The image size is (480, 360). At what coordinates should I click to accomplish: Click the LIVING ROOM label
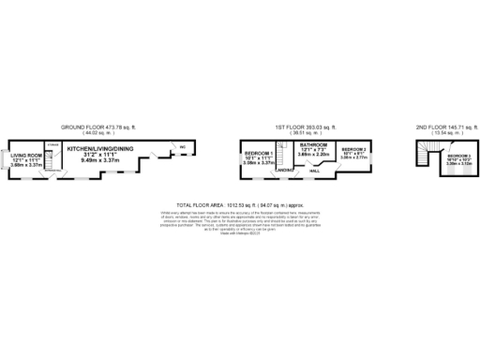(x=26, y=156)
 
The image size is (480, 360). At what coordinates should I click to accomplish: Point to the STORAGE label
(x=52, y=145)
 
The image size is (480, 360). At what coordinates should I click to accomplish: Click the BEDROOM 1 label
(x=258, y=153)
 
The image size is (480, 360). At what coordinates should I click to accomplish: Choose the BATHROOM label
(x=314, y=145)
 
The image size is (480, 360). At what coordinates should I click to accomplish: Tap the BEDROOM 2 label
(x=353, y=150)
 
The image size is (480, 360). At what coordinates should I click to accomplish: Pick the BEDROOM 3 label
(x=458, y=156)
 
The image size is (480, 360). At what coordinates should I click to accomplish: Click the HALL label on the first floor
(x=315, y=171)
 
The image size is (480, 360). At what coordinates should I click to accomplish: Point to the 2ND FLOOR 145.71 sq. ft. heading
(x=445, y=127)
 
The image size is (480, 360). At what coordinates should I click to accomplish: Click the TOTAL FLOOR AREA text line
(x=240, y=203)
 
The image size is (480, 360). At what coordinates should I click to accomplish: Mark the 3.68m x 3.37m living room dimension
(x=25, y=166)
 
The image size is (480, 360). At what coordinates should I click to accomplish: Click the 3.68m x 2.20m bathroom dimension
(x=314, y=157)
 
